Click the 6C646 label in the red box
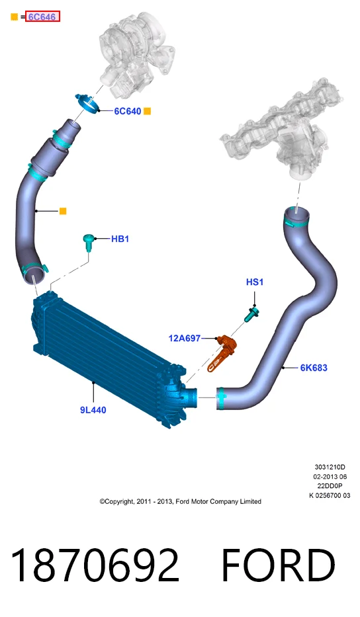pyautogui.click(x=42, y=17)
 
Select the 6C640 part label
pyautogui.click(x=127, y=111)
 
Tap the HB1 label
pyautogui.click(x=120, y=239)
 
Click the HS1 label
pyautogui.click(x=254, y=282)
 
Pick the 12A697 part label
pyautogui.click(x=185, y=338)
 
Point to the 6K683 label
pyautogui.click(x=314, y=368)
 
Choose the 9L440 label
pyautogui.click(x=93, y=410)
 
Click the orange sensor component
pyautogui.click(x=221, y=351)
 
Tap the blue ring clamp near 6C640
pyautogui.click(x=88, y=103)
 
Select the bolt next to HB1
pyautogui.click(x=88, y=242)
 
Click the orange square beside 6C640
pyautogui.click(x=148, y=111)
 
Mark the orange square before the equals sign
pyautogui.click(x=14, y=17)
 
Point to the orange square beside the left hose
pyautogui.click(x=63, y=212)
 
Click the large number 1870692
pyautogui.click(x=95, y=565)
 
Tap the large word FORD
pyautogui.click(x=279, y=565)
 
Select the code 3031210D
pyautogui.click(x=330, y=467)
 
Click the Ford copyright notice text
pyautogui.click(x=181, y=501)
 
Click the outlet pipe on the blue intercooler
pyautogui.click(x=191, y=397)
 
